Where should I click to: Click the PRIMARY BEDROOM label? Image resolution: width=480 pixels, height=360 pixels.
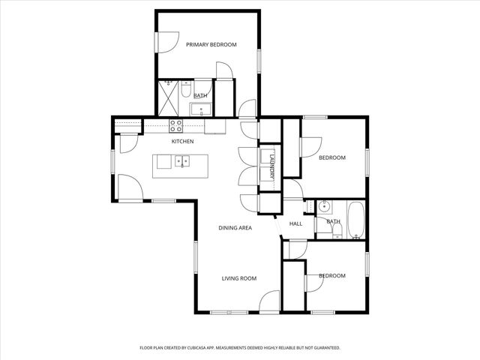point(211,45)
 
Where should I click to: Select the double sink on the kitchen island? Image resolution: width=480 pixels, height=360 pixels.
point(181,160)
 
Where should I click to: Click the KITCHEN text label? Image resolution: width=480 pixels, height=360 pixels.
point(182,142)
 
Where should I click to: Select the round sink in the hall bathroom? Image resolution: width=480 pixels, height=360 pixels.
point(324,208)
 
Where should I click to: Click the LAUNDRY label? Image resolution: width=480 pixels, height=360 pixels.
point(272,165)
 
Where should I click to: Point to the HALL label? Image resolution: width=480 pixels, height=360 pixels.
point(295,223)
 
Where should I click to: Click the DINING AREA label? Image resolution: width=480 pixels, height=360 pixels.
point(235,227)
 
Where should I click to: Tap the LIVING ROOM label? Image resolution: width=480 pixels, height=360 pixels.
point(238,278)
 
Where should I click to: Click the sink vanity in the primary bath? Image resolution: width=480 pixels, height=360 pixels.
point(201,110)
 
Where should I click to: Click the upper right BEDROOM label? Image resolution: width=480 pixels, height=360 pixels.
point(331,157)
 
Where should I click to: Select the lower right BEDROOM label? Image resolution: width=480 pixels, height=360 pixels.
point(331,276)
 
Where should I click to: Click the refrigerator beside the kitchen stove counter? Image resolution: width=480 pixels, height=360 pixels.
point(215,126)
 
